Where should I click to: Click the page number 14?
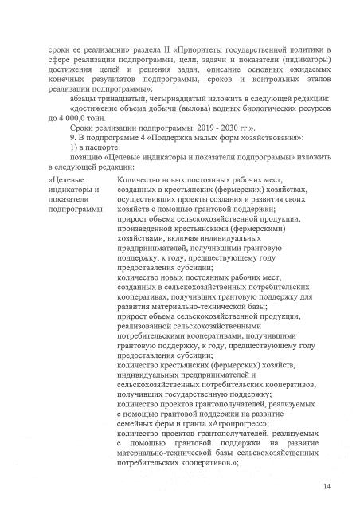327,486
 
